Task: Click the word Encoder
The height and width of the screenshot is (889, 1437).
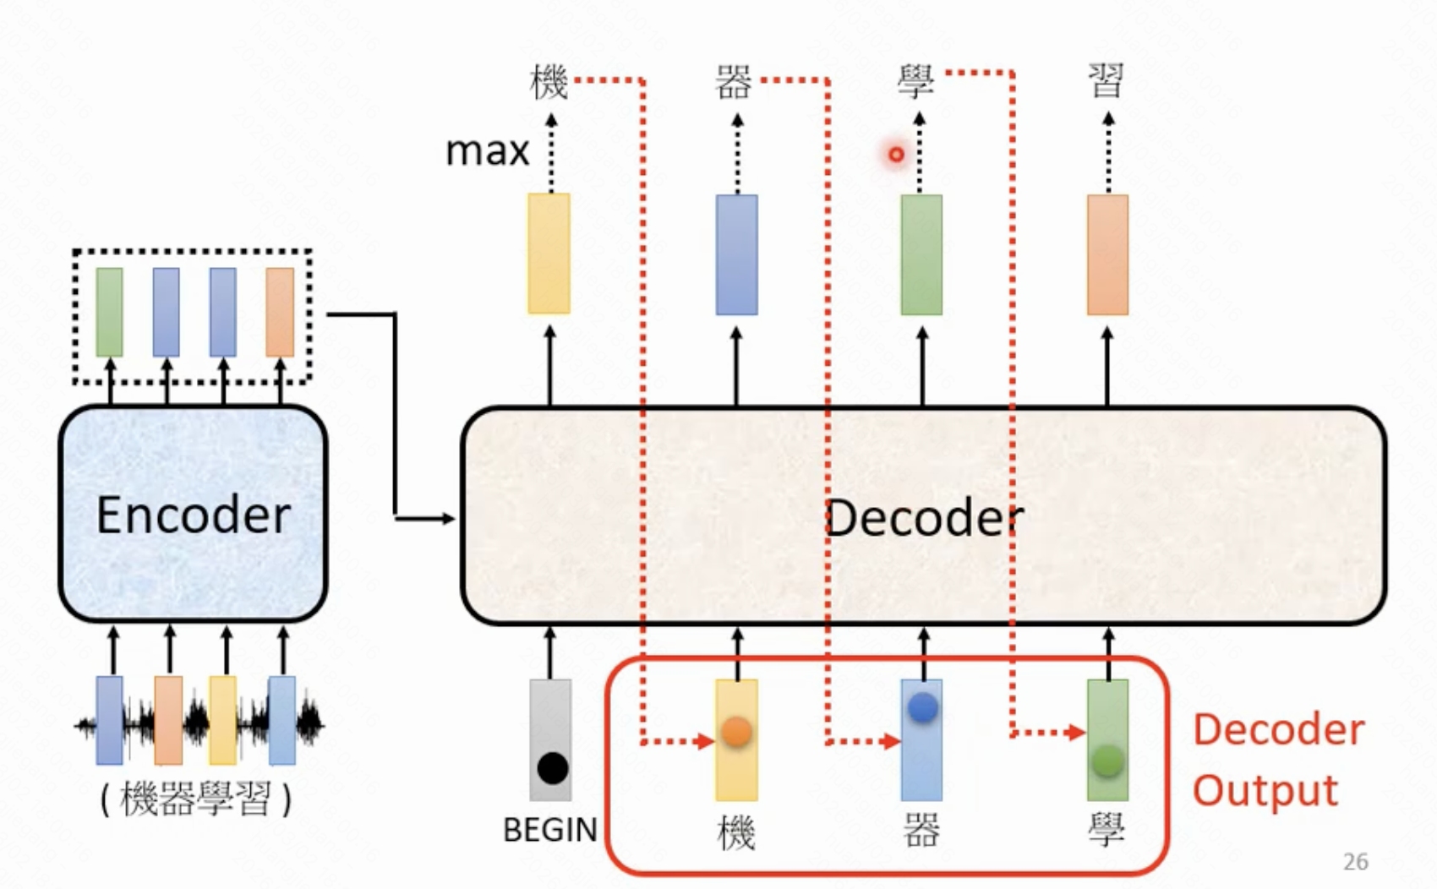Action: (194, 515)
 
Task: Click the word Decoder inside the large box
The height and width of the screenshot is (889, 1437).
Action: (924, 518)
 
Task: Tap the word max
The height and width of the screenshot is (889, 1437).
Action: (487, 152)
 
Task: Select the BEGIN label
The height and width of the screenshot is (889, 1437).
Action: (549, 830)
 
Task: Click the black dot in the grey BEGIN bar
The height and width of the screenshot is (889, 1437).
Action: (552, 768)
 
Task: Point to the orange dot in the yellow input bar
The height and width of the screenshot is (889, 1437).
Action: (736, 731)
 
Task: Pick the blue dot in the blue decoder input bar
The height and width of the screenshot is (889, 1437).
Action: (922, 707)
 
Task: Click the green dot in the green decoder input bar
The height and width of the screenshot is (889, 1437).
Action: (1107, 761)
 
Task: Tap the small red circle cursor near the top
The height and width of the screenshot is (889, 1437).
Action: (896, 155)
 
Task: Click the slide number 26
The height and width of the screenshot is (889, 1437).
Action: (1355, 861)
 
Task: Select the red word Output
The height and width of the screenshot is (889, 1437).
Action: (1265, 791)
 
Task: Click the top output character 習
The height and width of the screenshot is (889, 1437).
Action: (1106, 82)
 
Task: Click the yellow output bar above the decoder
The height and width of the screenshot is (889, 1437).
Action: (549, 254)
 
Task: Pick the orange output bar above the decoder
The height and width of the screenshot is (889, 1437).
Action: (1107, 254)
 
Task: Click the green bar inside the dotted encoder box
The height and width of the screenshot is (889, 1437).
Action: (109, 312)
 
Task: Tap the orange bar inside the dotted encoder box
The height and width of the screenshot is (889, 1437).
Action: (280, 312)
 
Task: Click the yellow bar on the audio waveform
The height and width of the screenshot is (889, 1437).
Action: (223, 720)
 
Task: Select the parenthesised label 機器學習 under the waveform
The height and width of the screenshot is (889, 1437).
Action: (195, 799)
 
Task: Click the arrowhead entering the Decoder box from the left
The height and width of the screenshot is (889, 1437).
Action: (449, 518)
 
